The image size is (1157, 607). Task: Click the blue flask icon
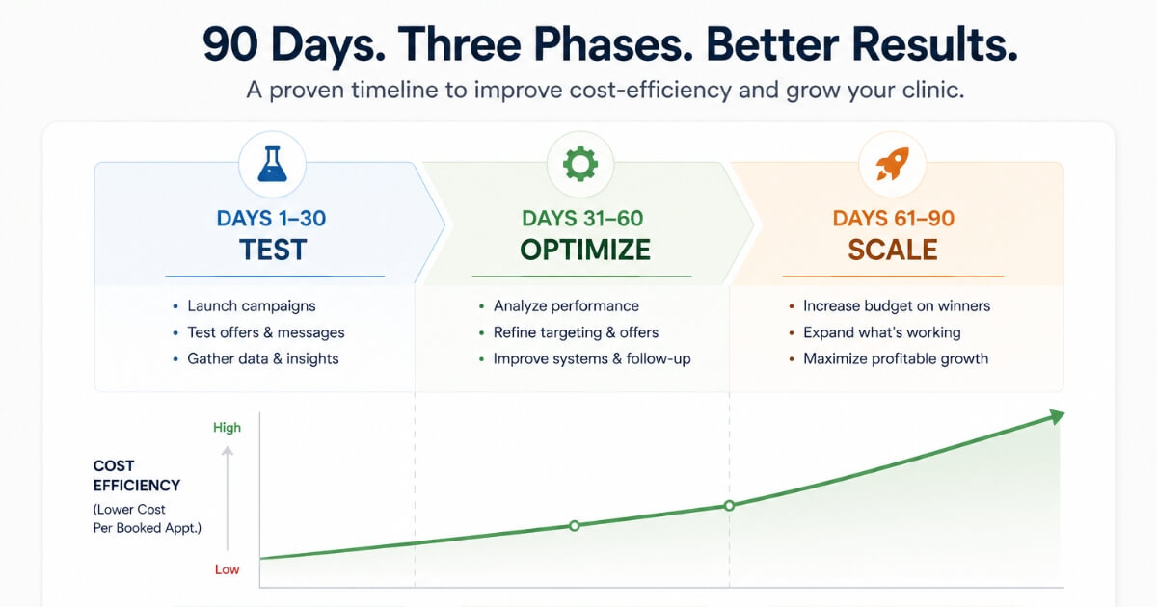[272, 164]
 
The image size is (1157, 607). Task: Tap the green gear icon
[580, 164]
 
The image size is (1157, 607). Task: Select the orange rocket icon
[892, 164]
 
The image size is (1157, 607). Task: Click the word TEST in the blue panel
[273, 250]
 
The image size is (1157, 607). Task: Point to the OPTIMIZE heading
[584, 250]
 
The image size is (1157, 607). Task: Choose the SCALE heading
[893, 250]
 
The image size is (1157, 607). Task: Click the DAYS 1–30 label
[271, 219]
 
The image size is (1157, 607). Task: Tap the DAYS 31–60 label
[582, 219]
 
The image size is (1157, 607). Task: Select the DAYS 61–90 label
[893, 219]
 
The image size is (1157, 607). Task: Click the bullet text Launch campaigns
[251, 306]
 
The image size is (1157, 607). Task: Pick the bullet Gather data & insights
[263, 358]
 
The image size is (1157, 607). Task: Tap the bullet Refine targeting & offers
[576, 332]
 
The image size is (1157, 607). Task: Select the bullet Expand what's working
[881, 332]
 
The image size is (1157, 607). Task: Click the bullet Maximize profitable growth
[896, 358]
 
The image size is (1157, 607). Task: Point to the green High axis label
[227, 428]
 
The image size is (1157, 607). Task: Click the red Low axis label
[227, 569]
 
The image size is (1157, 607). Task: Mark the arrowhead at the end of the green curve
[1057, 416]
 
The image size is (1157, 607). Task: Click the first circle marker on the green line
[574, 526]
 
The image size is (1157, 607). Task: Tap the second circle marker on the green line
[729, 505]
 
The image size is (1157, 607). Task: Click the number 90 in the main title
[229, 44]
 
